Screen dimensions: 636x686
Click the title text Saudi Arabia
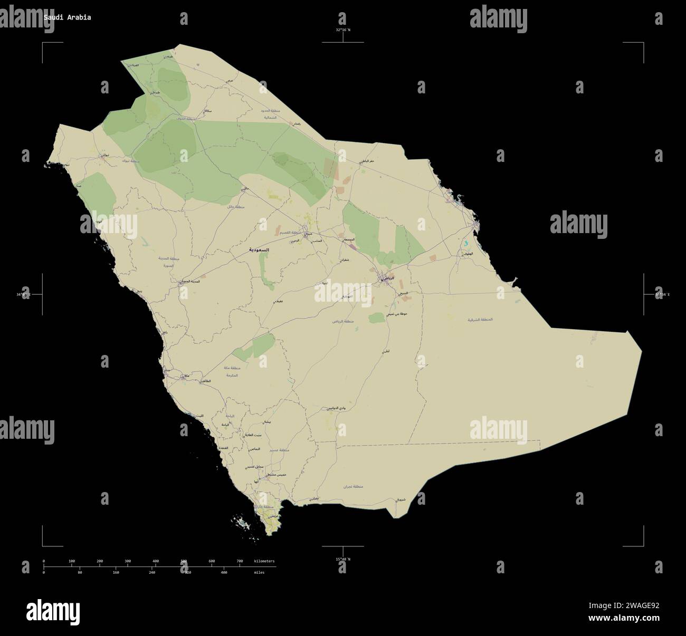[67, 17]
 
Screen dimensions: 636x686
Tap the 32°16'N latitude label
[343, 30]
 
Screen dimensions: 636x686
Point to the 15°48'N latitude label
[343, 559]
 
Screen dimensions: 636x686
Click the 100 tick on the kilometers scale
[72, 561]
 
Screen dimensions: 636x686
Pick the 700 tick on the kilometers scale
[240, 561]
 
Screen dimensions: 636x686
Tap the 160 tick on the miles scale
[116, 572]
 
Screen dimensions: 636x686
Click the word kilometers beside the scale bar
[264, 561]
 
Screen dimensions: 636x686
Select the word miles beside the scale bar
[259, 572]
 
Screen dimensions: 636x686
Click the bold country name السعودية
[259, 249]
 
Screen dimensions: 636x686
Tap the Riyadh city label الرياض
[388, 277]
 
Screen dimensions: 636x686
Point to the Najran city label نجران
[315, 498]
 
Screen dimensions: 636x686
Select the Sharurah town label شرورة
[401, 499]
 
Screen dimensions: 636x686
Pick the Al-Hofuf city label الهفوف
[466, 254]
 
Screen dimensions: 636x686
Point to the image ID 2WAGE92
[640, 606]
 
